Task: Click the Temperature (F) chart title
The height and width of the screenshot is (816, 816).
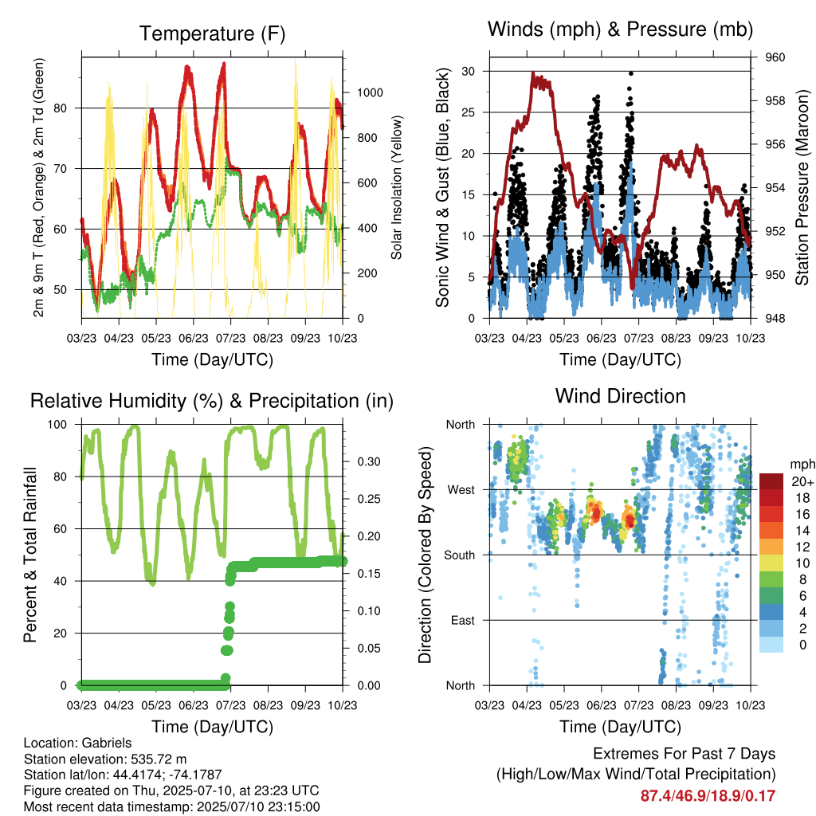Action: [212, 33]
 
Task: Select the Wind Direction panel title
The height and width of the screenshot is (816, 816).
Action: [620, 396]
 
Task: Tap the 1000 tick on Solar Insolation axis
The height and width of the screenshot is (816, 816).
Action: [370, 92]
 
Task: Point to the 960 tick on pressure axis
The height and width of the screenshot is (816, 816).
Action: [775, 57]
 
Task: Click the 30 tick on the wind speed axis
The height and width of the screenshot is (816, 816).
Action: [469, 71]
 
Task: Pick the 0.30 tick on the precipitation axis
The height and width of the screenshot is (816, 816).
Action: [369, 461]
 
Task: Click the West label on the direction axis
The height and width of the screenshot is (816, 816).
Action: [461, 490]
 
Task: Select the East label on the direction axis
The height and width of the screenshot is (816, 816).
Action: [463, 620]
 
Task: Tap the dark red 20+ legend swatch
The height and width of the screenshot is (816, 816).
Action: [771, 481]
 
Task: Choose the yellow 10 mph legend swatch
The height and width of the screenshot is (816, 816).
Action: [771, 563]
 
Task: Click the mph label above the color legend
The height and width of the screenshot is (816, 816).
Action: [802, 465]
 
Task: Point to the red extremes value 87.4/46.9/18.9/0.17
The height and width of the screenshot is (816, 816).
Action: [708, 796]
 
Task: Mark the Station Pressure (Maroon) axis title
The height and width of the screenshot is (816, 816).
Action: [802, 187]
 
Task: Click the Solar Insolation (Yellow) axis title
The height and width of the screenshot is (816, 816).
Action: [397, 187]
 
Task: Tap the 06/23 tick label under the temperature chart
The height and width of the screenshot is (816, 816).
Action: [193, 338]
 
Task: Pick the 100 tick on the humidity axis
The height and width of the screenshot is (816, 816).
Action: [57, 425]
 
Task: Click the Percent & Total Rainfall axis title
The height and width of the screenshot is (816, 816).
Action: [30, 555]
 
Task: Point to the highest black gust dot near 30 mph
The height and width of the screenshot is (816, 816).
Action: [631, 73]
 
